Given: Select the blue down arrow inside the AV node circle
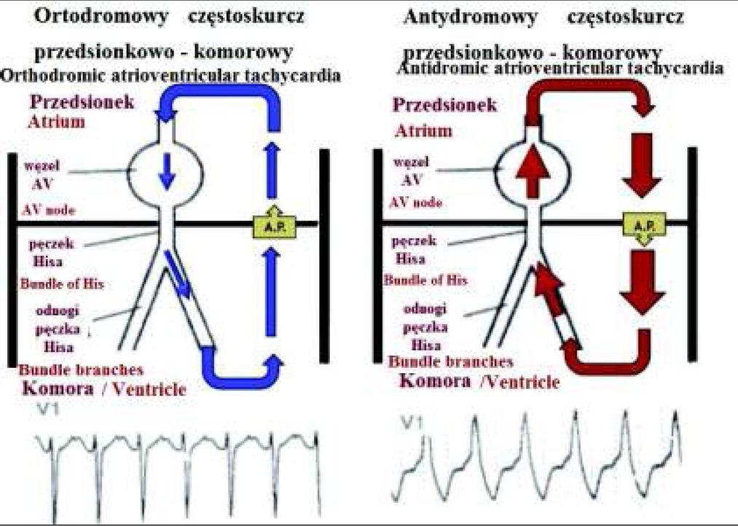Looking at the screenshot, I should (168, 168).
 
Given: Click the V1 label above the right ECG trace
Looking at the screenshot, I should (414, 422).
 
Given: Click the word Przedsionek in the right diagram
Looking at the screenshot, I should (446, 105).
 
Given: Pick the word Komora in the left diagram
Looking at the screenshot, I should (58, 387).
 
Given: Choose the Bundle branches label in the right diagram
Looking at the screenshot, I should (450, 361).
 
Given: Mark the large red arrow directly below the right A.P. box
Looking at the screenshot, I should (641, 280).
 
